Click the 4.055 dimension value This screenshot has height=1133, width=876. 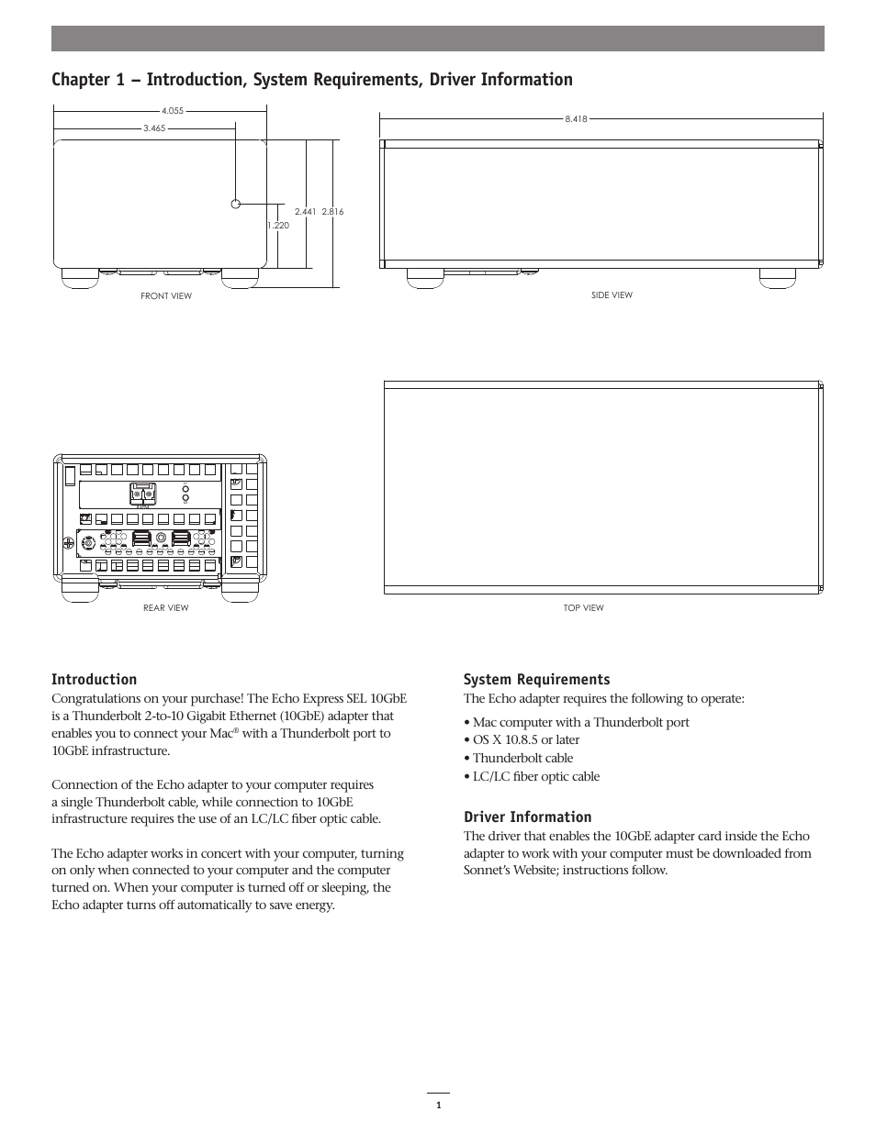[173, 111]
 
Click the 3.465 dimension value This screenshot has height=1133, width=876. [153, 128]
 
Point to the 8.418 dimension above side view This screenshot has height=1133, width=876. [576, 118]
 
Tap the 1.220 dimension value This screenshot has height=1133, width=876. [278, 225]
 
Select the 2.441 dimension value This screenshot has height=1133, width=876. [306, 212]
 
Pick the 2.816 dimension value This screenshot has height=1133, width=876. [332, 212]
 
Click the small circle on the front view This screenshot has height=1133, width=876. [236, 204]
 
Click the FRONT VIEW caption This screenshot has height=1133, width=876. [166, 296]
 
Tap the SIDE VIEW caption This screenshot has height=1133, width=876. [612, 295]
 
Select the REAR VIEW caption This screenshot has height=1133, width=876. [166, 608]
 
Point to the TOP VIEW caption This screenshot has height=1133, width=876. [584, 608]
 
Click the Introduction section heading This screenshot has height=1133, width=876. [94, 680]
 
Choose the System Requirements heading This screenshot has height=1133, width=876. [536, 680]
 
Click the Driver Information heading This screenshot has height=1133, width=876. [527, 817]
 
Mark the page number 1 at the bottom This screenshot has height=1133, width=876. [438, 1105]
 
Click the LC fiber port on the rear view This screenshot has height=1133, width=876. [141, 494]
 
